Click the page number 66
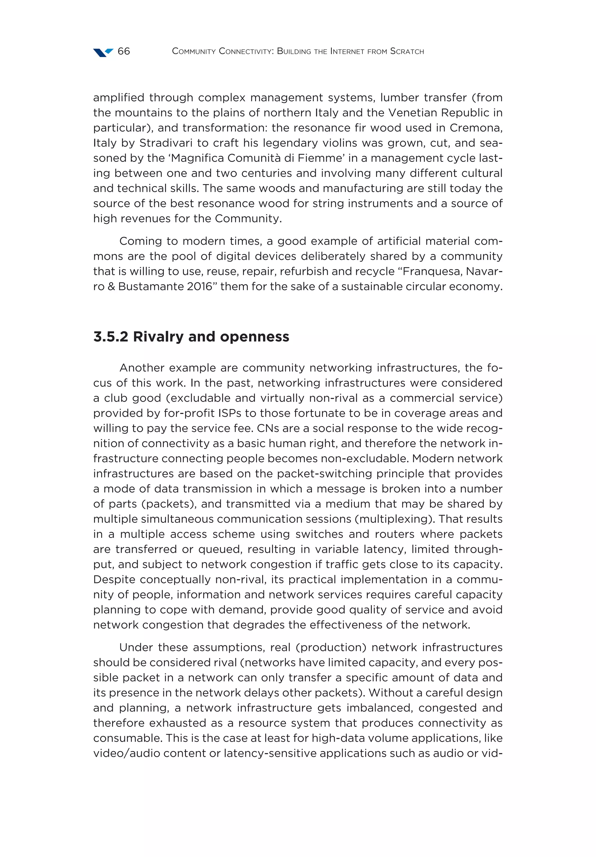(x=123, y=51)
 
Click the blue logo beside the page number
(x=103, y=52)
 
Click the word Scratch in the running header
(x=407, y=51)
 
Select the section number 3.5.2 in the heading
(x=111, y=337)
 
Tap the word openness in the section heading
(x=255, y=337)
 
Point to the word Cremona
(x=476, y=128)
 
